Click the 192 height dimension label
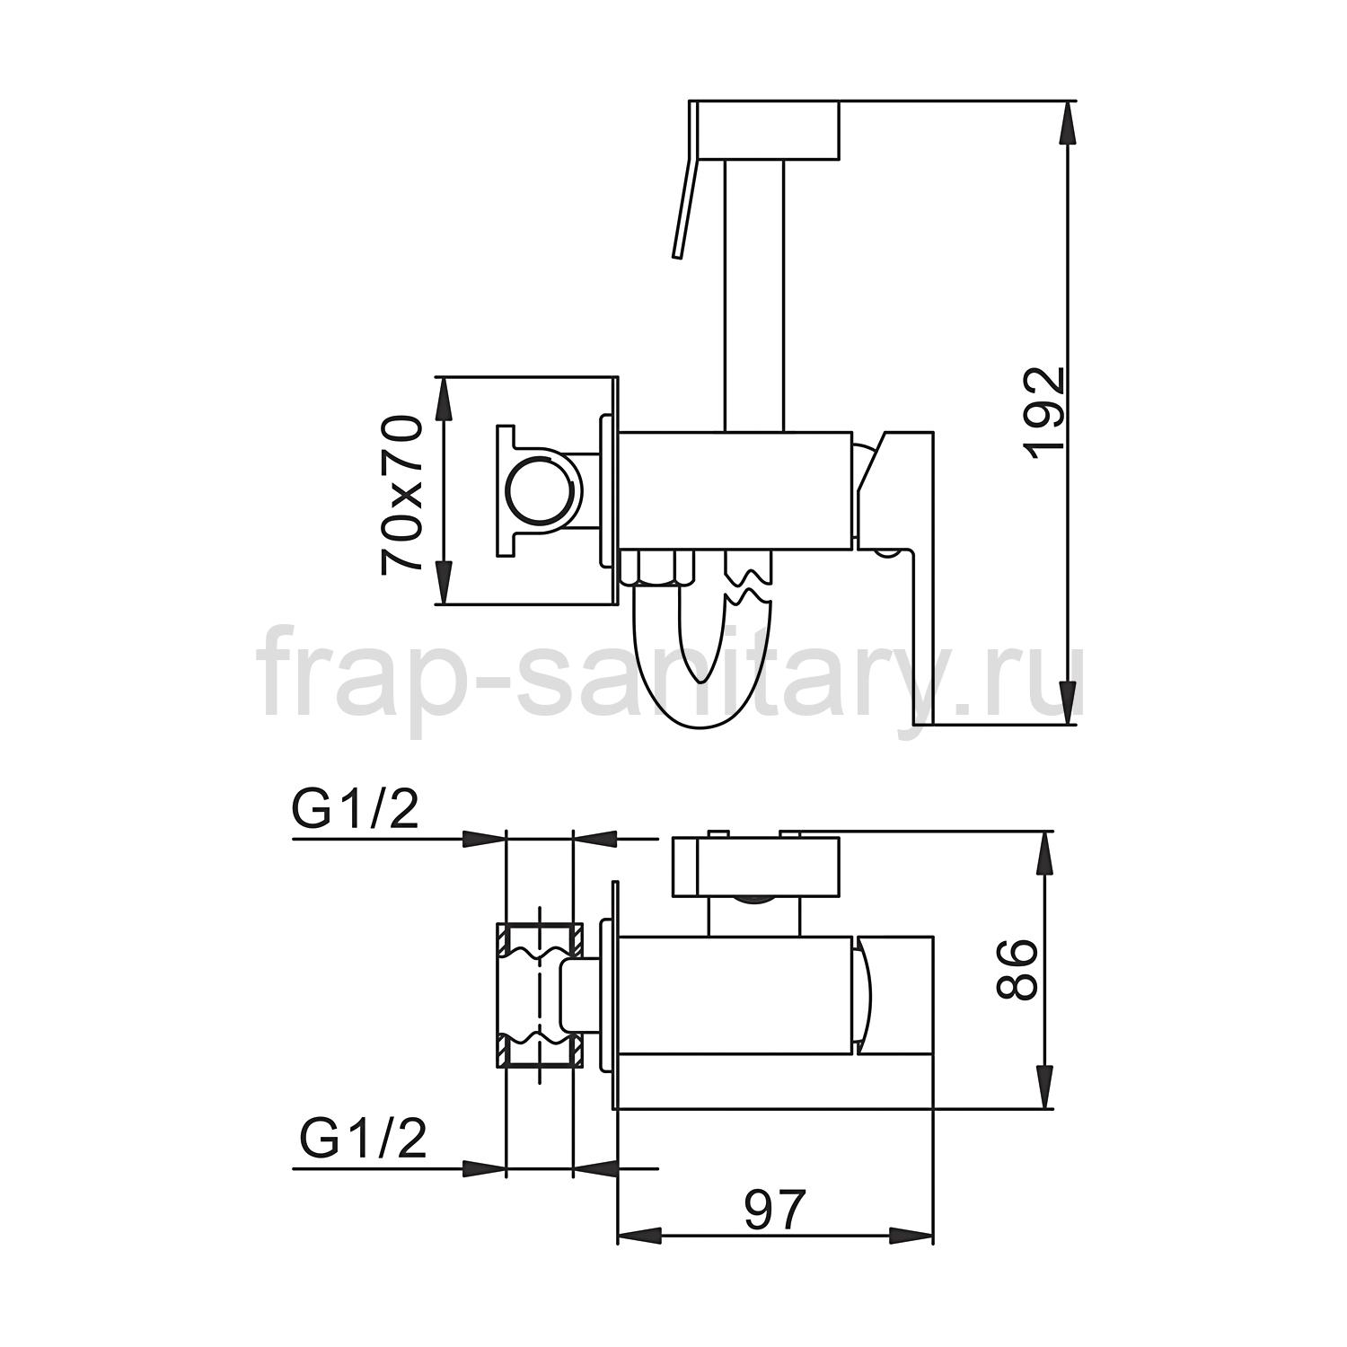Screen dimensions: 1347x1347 1045,413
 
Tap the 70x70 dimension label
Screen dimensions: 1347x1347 402,493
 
